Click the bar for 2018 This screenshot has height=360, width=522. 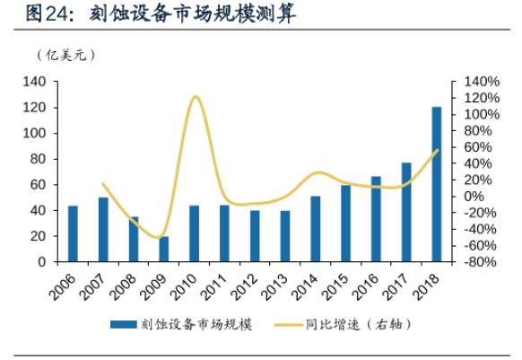coord(437,185)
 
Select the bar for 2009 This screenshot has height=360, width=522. coord(164,250)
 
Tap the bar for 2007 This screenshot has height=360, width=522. coord(103,230)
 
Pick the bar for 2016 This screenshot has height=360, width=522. coord(376,219)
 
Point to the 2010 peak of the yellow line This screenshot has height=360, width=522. coord(196,96)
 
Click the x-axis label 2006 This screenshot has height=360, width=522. coord(63,285)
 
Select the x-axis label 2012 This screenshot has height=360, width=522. coord(244,285)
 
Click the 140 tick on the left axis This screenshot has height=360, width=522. coord(36,82)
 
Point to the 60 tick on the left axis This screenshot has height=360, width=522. coord(39,185)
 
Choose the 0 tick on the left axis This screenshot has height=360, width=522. coord(43,262)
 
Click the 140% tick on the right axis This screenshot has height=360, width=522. coord(479,82)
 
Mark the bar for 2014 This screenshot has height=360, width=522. coord(316,229)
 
